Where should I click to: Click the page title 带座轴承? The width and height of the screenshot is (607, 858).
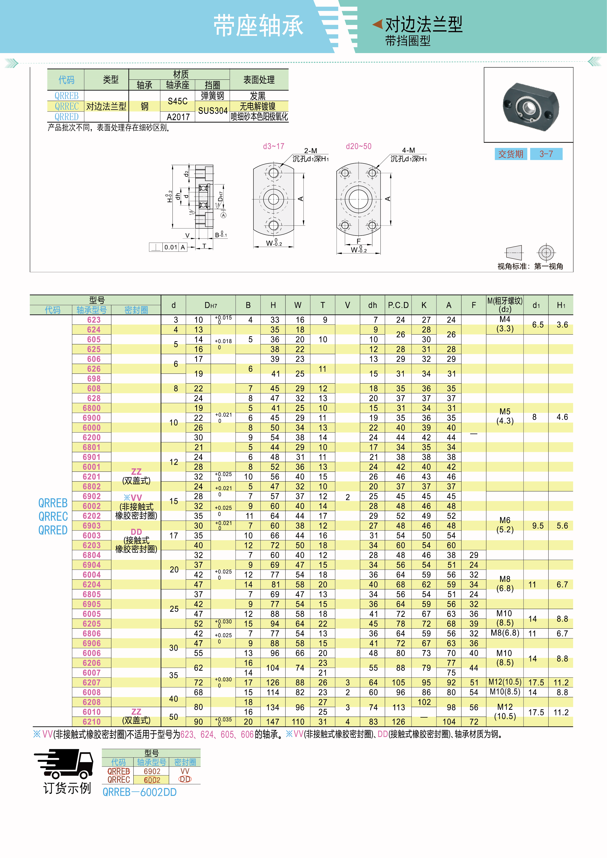[x=258, y=26]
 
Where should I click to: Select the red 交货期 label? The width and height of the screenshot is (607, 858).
[x=511, y=154]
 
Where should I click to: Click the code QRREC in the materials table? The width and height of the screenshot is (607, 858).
[x=67, y=106]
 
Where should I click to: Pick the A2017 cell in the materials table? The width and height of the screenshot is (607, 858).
[x=178, y=117]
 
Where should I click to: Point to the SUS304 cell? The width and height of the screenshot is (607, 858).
[x=213, y=111]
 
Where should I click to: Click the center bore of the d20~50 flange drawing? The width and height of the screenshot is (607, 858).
[x=358, y=199]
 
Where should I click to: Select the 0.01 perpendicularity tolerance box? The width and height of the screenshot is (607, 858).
[x=171, y=247]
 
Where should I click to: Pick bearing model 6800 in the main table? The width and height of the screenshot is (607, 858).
[x=92, y=408]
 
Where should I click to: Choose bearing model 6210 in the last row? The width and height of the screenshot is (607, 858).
[x=92, y=722]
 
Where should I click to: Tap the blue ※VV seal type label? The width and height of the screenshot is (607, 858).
[x=133, y=498]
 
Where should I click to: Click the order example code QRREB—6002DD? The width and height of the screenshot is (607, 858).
[x=139, y=792]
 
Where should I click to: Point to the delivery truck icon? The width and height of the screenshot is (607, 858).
[x=64, y=764]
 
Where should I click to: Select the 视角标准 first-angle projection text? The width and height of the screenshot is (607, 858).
[x=530, y=266]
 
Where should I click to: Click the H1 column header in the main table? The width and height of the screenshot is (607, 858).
[x=561, y=305]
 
